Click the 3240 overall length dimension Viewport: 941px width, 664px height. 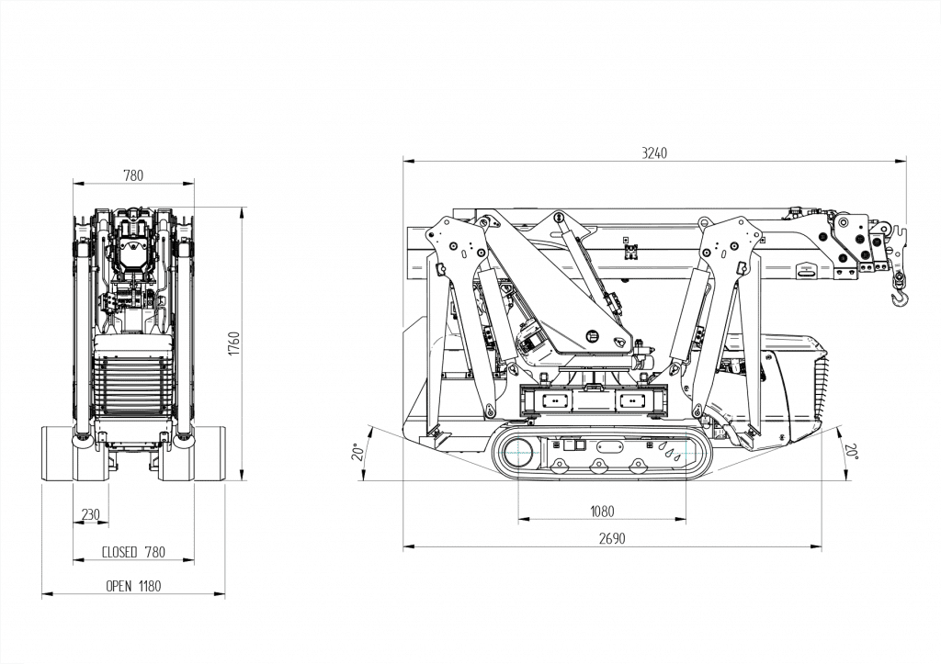coord(654,153)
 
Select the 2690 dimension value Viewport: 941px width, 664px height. coord(611,539)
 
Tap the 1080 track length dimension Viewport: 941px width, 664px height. coord(602,512)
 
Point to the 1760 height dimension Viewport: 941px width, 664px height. coord(233,343)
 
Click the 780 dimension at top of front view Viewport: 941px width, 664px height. coord(132,176)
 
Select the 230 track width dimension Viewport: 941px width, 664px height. coord(90,515)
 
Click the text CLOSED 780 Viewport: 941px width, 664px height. coord(133,552)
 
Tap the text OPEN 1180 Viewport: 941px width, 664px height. coord(133,586)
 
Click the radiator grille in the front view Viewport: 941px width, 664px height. coord(134,386)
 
